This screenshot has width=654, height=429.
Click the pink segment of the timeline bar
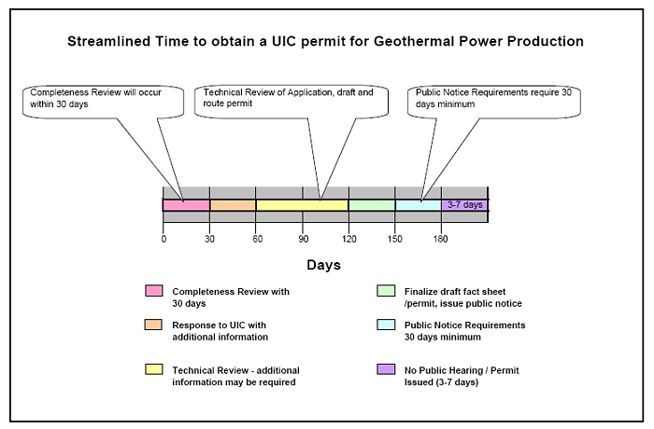tap(187, 205)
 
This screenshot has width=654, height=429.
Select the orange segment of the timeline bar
tap(233, 205)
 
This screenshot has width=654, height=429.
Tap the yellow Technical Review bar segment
tap(303, 205)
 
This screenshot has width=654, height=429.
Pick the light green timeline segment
tap(372, 205)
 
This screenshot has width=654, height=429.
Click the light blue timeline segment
tap(419, 205)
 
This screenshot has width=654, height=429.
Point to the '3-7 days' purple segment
tap(464, 205)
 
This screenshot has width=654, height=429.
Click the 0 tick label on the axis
tap(163, 239)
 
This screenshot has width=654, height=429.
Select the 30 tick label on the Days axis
tap(209, 239)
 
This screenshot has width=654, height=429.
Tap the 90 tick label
tap(304, 239)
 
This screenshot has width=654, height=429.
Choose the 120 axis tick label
tap(349, 239)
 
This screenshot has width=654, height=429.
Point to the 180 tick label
tap(440, 239)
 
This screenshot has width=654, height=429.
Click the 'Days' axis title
tap(323, 265)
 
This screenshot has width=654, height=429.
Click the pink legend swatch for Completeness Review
tap(154, 291)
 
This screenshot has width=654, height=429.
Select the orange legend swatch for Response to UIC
tap(153, 325)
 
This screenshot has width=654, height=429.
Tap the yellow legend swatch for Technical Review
tap(154, 369)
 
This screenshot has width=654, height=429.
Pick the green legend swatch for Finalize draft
tap(386, 291)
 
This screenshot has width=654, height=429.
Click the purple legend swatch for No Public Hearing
tap(386, 369)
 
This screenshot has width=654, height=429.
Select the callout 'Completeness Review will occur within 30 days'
tap(103, 102)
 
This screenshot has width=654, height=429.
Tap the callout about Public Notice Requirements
tap(494, 102)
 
